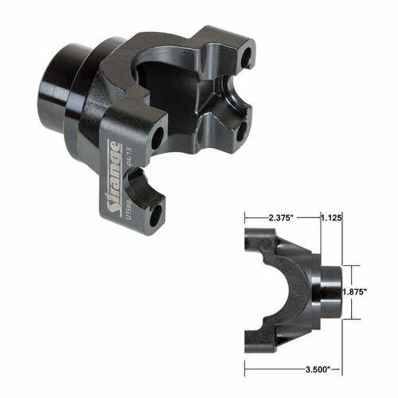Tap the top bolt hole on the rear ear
click(x=246, y=57)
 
